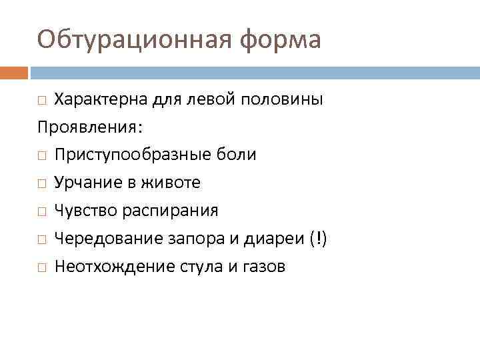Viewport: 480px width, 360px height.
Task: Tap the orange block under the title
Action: pos(14,72)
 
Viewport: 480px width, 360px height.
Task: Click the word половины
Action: pos(281,100)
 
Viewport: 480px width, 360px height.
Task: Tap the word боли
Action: pos(239,155)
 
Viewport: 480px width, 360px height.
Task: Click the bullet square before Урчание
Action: pos(42,183)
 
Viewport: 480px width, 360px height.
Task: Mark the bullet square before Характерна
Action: pos(42,101)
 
